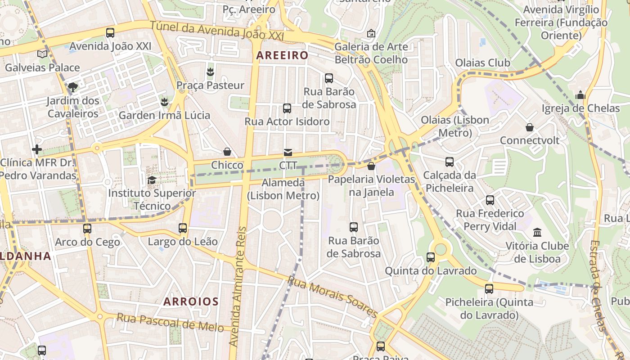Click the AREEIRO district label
[282, 55]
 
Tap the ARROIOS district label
[191, 301]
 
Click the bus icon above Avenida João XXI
[110, 32]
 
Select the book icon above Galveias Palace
[42, 54]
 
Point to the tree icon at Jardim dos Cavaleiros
[72, 87]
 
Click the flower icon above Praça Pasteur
[210, 72]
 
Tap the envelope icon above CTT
[288, 153]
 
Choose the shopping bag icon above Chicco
[227, 152]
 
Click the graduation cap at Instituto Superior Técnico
[152, 180]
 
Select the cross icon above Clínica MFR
[37, 149]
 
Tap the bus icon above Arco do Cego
[87, 229]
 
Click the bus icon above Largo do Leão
[183, 228]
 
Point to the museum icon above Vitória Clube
[537, 233]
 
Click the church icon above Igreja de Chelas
[580, 95]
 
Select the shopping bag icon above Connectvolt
[530, 127]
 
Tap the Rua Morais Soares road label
[332, 297]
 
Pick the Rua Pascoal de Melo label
[170, 322]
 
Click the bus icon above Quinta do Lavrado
[431, 257]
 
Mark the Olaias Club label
[483, 63]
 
